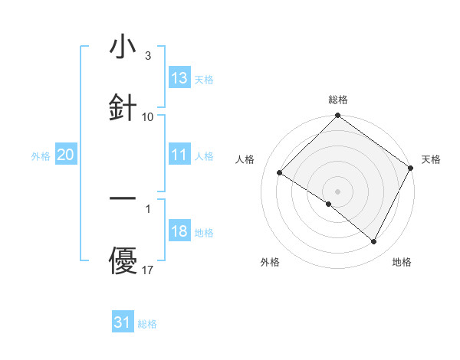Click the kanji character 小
tap(123, 47)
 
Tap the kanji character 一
tap(123, 199)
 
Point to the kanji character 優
tap(123, 261)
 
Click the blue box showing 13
tap(179, 78)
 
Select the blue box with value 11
tap(179, 155)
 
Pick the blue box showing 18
tap(179, 231)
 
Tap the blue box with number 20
tap(66, 155)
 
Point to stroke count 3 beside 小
tap(148, 56)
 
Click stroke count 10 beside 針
tap(148, 116)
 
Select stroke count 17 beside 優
tap(148, 270)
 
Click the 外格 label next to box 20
tap(41, 155)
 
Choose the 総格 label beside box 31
tap(148, 323)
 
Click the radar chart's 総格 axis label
tap(337, 100)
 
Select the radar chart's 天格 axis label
tap(431, 159)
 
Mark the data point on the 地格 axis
tap(374, 242)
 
